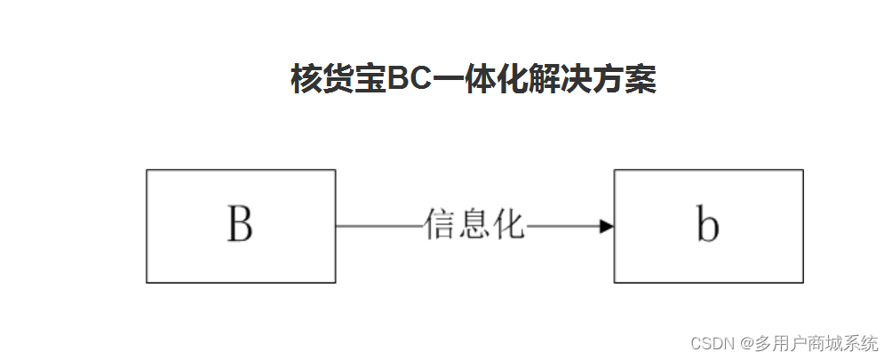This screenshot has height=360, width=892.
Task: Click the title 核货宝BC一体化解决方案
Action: click(473, 80)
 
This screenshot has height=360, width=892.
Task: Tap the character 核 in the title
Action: click(307, 80)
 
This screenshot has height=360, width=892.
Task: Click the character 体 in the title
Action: click(480, 80)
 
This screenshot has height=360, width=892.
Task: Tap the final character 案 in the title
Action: click(641, 80)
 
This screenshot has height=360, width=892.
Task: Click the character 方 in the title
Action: click(609, 80)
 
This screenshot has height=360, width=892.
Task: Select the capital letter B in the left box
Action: click(240, 226)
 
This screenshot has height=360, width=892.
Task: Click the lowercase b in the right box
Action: click(707, 227)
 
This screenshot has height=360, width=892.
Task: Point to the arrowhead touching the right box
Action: click(607, 227)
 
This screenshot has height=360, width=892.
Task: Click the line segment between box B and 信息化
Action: click(378, 227)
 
